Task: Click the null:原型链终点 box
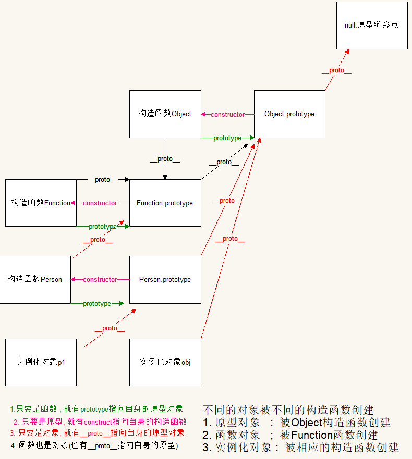click(x=372, y=25)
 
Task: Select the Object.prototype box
click(x=289, y=114)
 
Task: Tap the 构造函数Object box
click(x=165, y=114)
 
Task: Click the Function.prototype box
click(x=165, y=203)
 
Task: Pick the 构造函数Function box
click(x=41, y=203)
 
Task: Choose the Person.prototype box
click(x=165, y=279)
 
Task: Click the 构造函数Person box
click(x=34, y=279)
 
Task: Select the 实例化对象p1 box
click(x=41, y=362)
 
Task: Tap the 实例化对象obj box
click(x=165, y=362)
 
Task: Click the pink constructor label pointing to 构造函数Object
click(x=227, y=114)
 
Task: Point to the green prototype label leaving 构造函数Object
click(x=227, y=138)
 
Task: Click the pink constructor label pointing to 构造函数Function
click(x=100, y=203)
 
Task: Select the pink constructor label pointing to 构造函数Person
click(x=100, y=279)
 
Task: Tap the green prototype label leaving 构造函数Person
click(x=97, y=303)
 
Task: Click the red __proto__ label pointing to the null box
click(x=336, y=70)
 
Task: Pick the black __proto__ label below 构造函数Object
click(x=165, y=159)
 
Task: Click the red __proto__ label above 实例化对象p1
click(x=110, y=328)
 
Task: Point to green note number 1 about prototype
click(x=96, y=409)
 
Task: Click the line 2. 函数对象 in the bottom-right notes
click(x=290, y=435)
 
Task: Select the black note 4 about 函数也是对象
click(x=94, y=445)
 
